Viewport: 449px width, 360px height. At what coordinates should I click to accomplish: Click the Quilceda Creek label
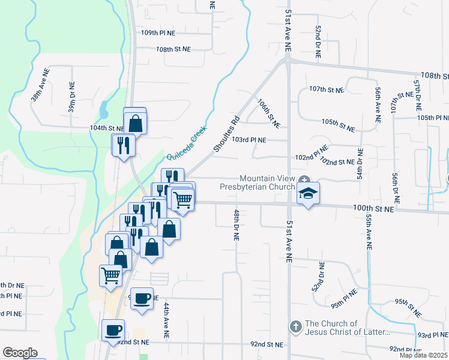(x=187, y=143)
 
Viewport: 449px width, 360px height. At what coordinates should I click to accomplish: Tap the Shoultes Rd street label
(x=227, y=134)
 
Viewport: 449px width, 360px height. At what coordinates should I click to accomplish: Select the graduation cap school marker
(x=308, y=193)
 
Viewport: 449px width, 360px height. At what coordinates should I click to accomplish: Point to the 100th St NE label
(x=373, y=208)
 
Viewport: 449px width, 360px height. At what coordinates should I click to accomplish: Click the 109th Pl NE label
(x=158, y=33)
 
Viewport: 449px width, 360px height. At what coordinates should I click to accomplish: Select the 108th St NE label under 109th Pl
(x=173, y=49)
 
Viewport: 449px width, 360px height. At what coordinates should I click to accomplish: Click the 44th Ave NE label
(x=167, y=317)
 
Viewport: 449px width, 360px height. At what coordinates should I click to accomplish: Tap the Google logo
(x=20, y=353)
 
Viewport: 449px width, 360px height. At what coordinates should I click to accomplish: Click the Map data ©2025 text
(x=423, y=355)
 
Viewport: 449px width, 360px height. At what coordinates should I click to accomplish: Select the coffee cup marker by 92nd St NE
(x=113, y=330)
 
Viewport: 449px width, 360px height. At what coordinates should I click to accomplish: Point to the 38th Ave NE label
(x=41, y=88)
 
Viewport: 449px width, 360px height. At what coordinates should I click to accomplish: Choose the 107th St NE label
(x=327, y=89)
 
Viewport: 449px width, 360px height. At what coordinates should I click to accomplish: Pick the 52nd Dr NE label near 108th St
(x=318, y=41)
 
